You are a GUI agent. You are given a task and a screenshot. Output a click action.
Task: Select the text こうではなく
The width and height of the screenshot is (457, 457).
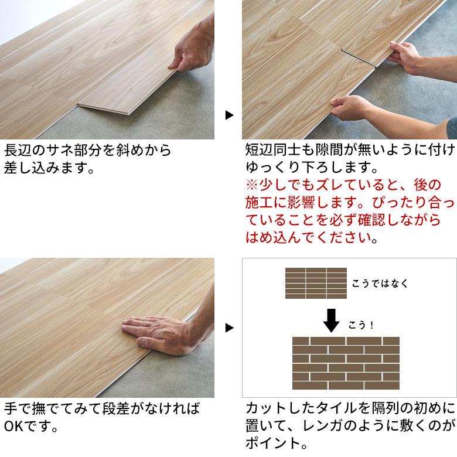point(379,284)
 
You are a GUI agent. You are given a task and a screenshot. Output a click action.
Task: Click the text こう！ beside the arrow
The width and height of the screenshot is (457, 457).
point(361,325)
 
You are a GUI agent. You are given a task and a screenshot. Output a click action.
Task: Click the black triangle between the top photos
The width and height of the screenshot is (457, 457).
point(230,115)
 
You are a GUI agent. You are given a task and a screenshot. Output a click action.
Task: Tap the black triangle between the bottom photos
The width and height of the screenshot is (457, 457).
point(230,327)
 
